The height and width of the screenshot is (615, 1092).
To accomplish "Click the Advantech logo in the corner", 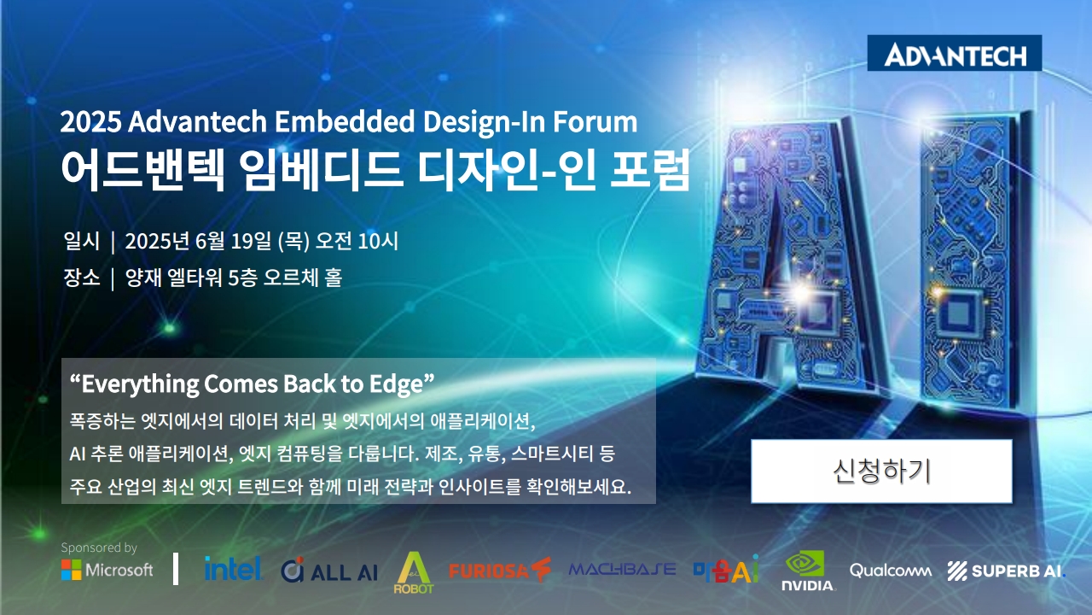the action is click(x=955, y=53).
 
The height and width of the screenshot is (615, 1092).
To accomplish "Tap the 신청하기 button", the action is click(x=881, y=471).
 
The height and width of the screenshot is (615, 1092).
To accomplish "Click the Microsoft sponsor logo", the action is click(x=107, y=570).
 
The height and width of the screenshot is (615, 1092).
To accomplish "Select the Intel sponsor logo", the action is click(x=233, y=569).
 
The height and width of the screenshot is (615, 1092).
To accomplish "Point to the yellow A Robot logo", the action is click(x=414, y=572).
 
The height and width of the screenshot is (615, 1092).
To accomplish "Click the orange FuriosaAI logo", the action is click(x=500, y=570).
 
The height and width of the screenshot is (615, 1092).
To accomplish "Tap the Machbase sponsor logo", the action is click(x=622, y=569).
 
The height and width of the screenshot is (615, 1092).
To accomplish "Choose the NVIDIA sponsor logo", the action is click(x=808, y=571).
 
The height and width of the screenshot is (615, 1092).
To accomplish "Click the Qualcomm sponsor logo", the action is click(x=891, y=570).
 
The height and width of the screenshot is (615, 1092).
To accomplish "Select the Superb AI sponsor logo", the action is click(x=1007, y=571).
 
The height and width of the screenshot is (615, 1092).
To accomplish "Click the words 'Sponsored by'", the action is click(x=99, y=548).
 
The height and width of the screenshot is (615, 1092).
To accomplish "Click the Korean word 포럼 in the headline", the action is click(x=650, y=169).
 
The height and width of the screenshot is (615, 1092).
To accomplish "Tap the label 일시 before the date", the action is click(x=81, y=241).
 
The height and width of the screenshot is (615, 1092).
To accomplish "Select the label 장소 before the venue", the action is click(x=81, y=278).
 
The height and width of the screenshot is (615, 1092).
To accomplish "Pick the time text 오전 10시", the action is click(x=357, y=241).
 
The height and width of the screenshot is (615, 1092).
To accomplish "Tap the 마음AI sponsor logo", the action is click(x=726, y=569).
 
